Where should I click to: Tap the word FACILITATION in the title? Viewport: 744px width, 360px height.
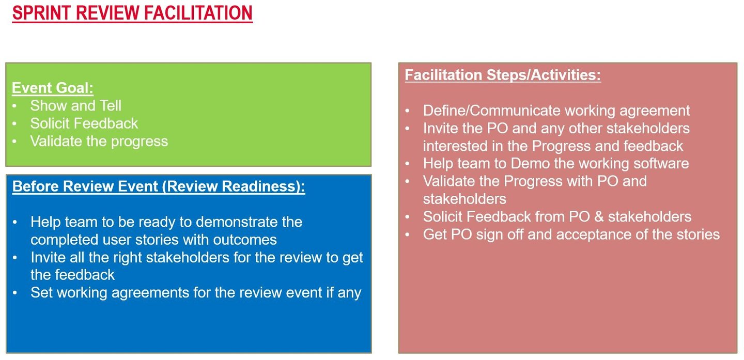coord(198,13)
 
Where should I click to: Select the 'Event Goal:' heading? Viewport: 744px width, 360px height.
coord(53,88)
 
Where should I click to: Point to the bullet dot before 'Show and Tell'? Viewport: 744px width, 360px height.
coord(14,106)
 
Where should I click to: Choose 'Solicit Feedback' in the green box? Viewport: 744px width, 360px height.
coord(84,123)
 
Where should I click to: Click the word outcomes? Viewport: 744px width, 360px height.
coord(245,240)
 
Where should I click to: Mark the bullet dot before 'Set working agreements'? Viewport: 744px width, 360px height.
coord(14,293)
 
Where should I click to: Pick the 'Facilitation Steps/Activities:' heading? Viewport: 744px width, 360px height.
coord(503,75)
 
